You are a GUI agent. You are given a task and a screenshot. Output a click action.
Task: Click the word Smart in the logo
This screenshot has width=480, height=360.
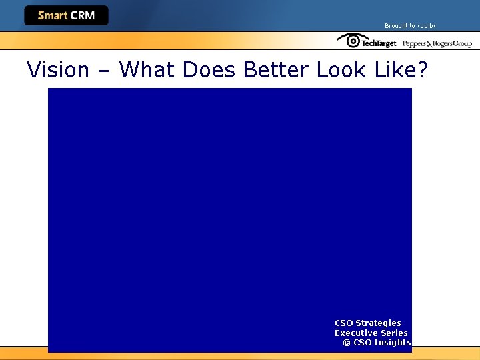click(x=53, y=15)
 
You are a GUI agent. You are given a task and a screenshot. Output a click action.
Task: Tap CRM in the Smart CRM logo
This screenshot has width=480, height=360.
click(x=83, y=15)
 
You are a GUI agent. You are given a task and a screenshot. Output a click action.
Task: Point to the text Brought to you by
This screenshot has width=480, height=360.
click(x=410, y=26)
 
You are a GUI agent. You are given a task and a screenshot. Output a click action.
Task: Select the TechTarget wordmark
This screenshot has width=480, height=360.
click(x=379, y=43)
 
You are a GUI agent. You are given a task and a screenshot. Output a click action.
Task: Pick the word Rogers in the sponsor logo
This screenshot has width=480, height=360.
click(x=442, y=44)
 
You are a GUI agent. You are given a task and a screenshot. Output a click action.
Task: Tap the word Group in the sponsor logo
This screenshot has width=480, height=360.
click(x=463, y=44)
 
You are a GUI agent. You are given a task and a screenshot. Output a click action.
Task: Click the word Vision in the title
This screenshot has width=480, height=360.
click(x=58, y=69)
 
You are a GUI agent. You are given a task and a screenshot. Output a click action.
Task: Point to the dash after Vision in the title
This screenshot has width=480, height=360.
click(x=104, y=71)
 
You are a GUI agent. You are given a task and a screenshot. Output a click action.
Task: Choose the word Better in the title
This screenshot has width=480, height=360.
click(x=277, y=69)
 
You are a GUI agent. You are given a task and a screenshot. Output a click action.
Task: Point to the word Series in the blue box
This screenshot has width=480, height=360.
click(x=394, y=333)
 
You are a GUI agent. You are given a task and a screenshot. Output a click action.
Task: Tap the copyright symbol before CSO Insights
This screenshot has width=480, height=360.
click(x=347, y=343)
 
